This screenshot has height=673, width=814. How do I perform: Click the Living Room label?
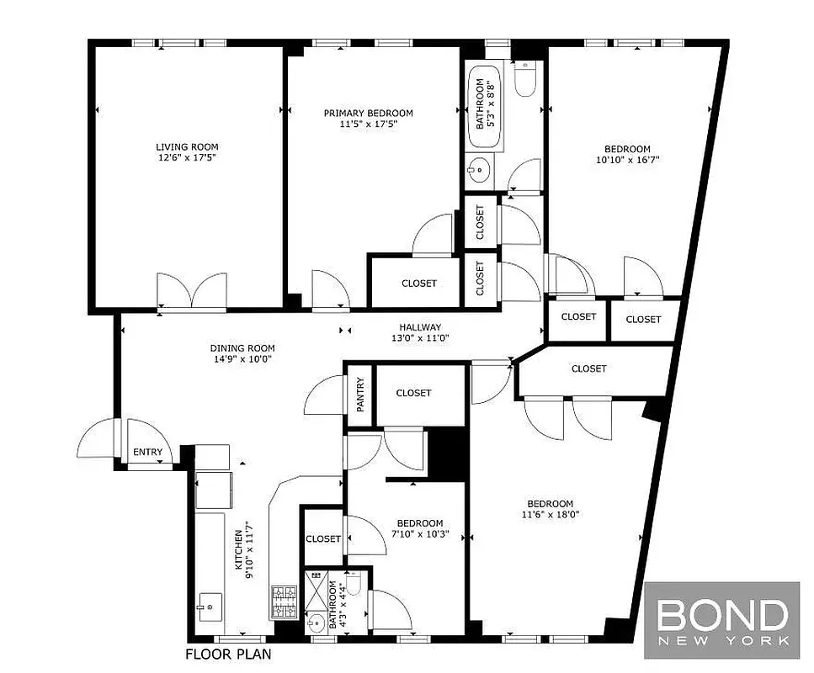[x=186, y=147]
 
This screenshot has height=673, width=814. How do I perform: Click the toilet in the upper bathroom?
[x=524, y=80]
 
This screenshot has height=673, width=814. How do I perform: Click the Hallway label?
[x=420, y=327]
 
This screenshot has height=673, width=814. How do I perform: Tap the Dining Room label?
[x=242, y=348]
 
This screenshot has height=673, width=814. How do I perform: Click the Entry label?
[x=147, y=453]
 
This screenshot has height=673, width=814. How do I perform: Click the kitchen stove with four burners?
[x=283, y=601]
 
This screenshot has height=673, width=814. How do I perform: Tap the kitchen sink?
[x=208, y=603]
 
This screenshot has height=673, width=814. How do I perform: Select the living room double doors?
[x=192, y=292]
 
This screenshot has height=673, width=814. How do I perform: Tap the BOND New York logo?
[x=721, y=621]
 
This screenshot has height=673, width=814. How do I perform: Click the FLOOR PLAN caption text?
[x=228, y=653]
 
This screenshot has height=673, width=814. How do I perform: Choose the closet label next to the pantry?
[x=413, y=393]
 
